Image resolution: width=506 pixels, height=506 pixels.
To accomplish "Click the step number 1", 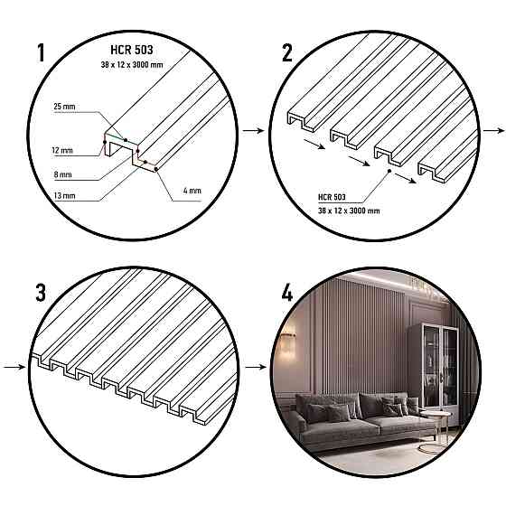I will pos(42,52).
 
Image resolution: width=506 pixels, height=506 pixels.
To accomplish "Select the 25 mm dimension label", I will pos(64,107).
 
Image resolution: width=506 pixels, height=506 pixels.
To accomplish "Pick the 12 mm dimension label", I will pos(63,149).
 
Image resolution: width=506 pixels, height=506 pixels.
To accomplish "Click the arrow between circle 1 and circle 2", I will pos(252,132).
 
